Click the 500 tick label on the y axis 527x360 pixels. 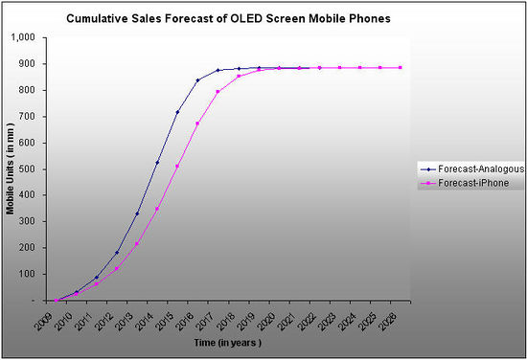pyautogui.click(x=25, y=169)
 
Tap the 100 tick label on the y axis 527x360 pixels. pyautogui.click(x=25, y=274)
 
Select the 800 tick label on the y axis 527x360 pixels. pyautogui.click(x=25, y=90)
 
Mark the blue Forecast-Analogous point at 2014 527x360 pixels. pyautogui.click(x=157, y=162)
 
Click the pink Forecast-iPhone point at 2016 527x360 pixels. pyautogui.click(x=197, y=124)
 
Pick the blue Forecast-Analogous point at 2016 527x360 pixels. pyautogui.click(x=197, y=80)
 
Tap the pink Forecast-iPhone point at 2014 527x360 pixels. pyautogui.click(x=157, y=209)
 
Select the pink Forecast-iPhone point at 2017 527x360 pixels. pyautogui.click(x=218, y=92)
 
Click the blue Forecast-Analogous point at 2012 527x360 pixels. pyautogui.click(x=117, y=253)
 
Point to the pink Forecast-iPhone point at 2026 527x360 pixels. pyautogui.click(x=400, y=67)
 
